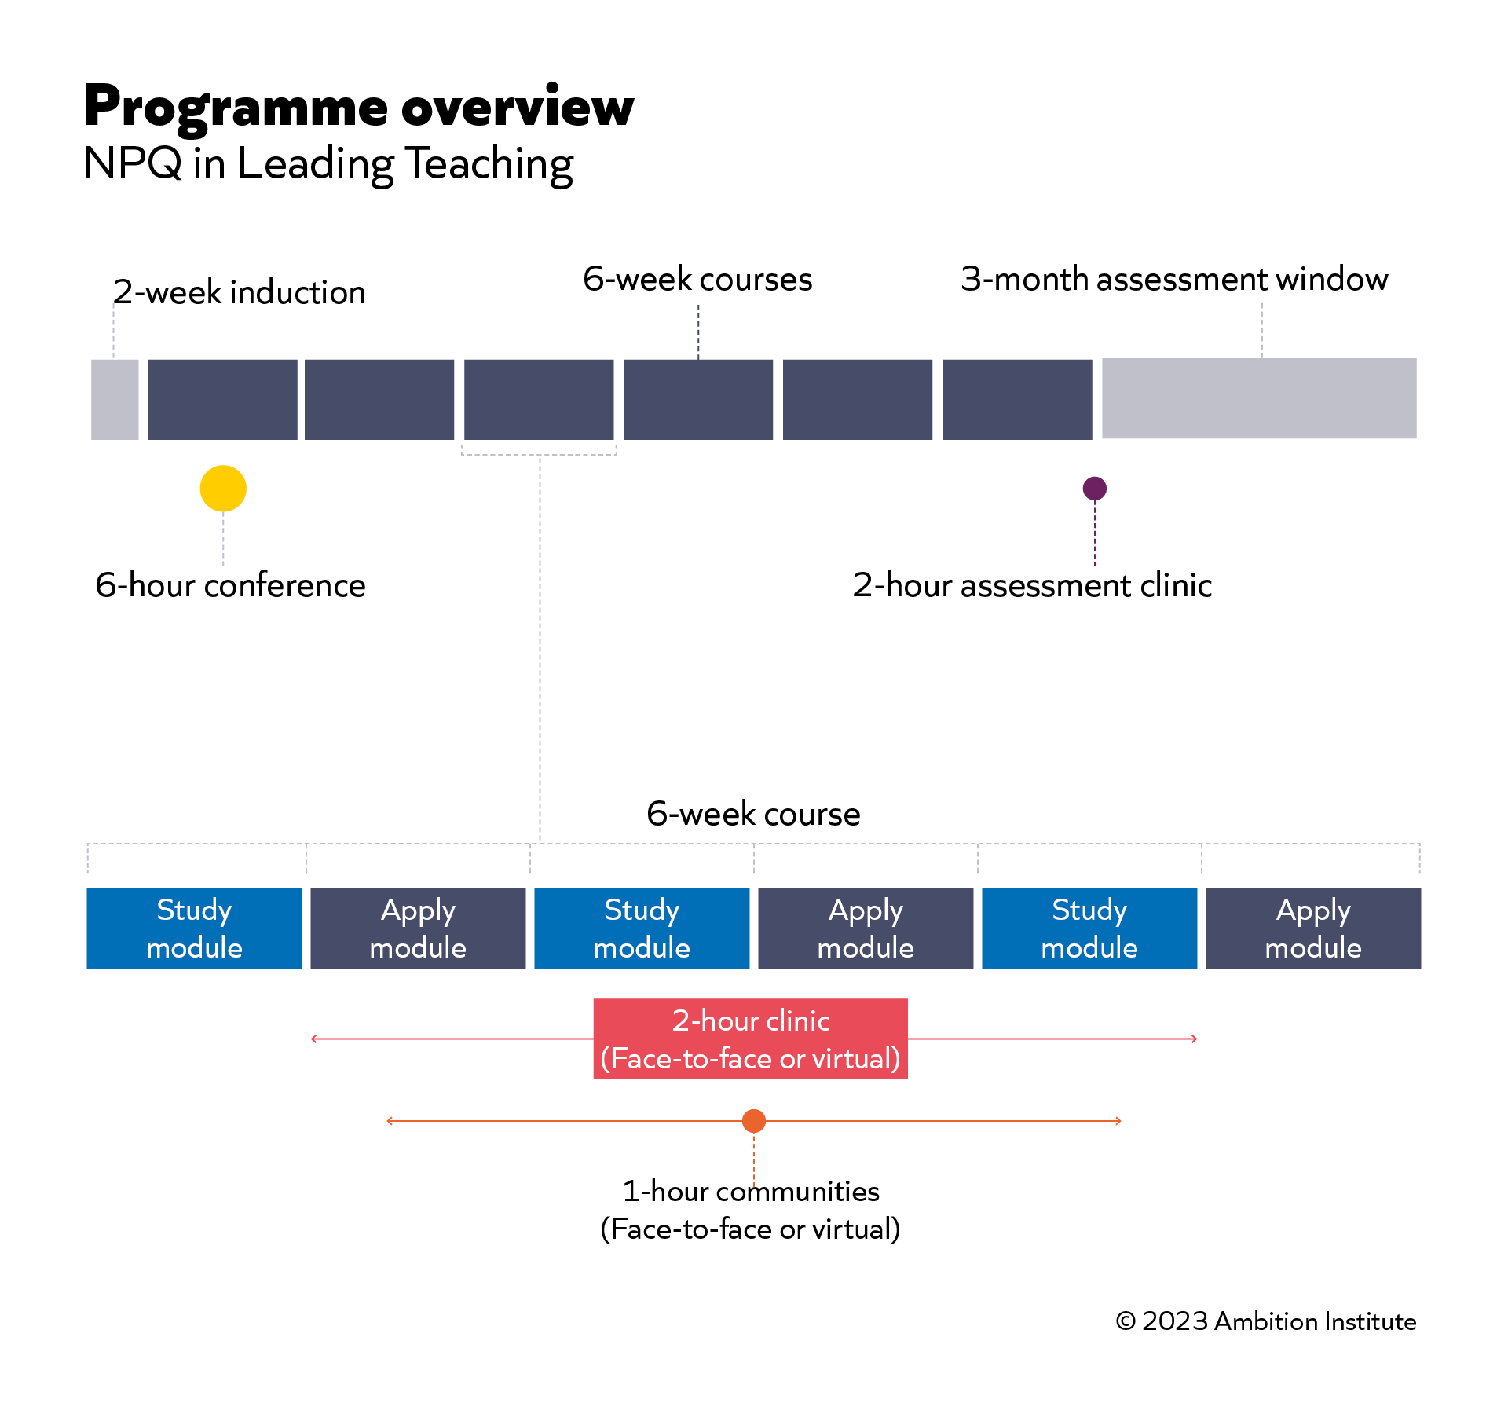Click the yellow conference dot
pyautogui.click(x=223, y=489)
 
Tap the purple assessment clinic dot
pyautogui.click(x=1094, y=489)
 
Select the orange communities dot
pyautogui.click(x=754, y=1121)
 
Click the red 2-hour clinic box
pyautogui.click(x=750, y=1039)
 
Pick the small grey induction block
pyautogui.click(x=115, y=399)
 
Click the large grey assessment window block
pyautogui.click(x=1259, y=399)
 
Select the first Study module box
pyautogui.click(x=194, y=928)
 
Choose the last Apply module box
pyautogui.click(x=1313, y=928)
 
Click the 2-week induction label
pyautogui.click(x=239, y=292)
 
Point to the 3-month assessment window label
pyautogui.click(x=1174, y=280)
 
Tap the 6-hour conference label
pyautogui.click(x=230, y=585)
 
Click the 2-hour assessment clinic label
pyautogui.click(x=1032, y=585)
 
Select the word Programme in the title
pyautogui.click(x=236, y=108)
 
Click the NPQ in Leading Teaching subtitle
pyautogui.click(x=328, y=163)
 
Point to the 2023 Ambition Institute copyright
pyautogui.click(x=1265, y=1321)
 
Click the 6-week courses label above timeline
pyautogui.click(x=697, y=280)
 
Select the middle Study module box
pyautogui.click(x=642, y=928)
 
